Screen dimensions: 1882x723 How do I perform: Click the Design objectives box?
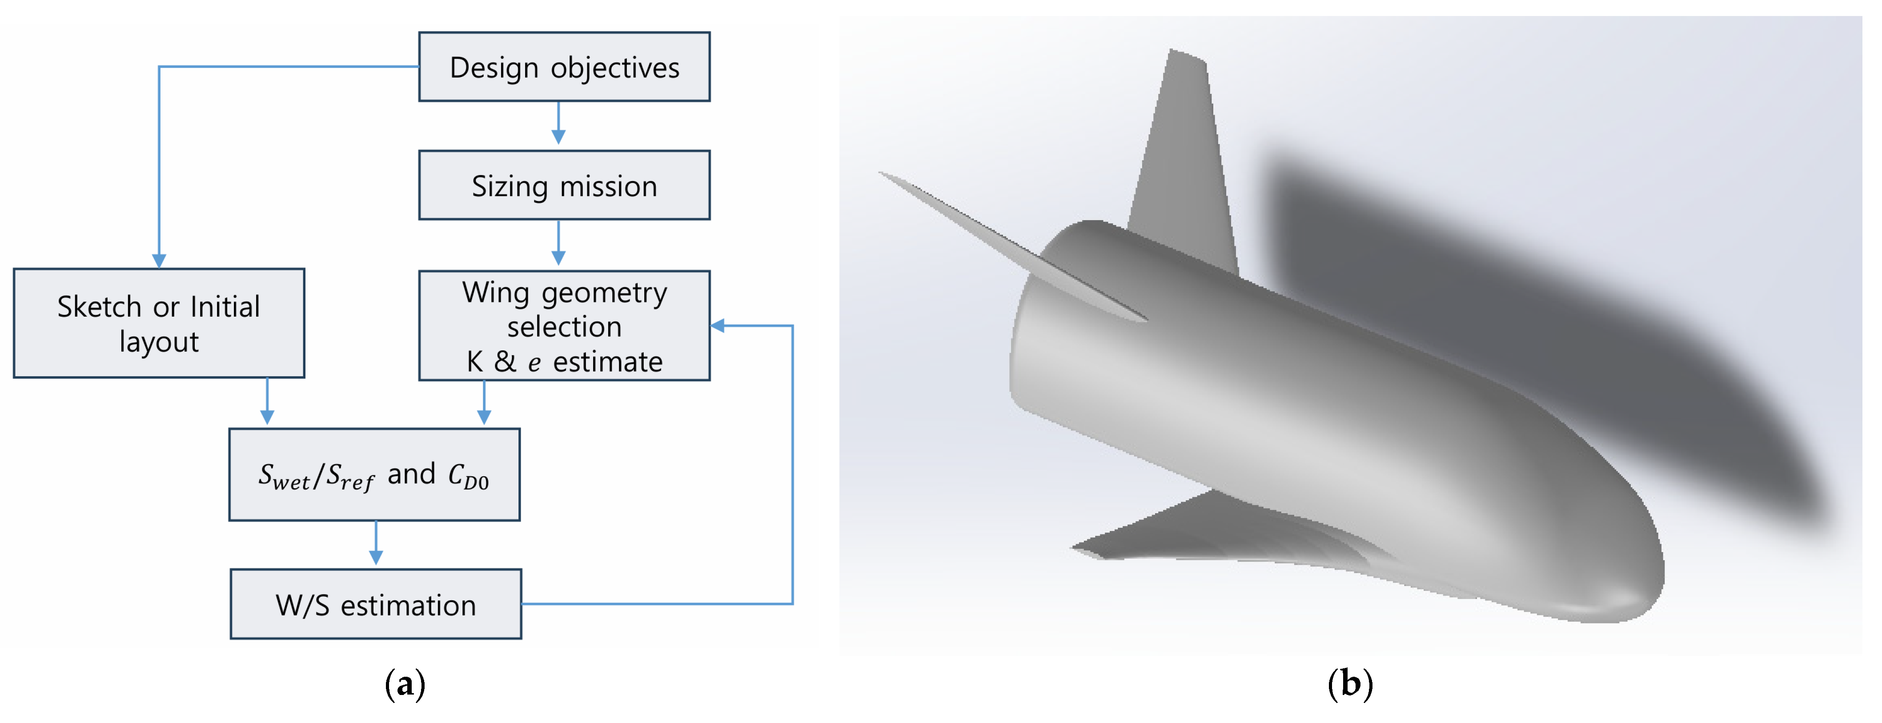pos(564,66)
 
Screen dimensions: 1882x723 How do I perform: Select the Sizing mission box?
pos(564,185)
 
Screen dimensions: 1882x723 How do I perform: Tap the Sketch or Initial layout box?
pos(159,323)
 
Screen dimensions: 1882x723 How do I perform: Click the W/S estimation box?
pos(376,604)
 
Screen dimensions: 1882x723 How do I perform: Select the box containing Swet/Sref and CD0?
pos(374,475)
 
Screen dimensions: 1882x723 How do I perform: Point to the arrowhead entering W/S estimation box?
pos(376,558)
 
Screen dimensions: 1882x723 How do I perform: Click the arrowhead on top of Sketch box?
pos(159,261)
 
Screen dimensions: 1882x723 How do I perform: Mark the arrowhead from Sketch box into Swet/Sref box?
pos(267,417)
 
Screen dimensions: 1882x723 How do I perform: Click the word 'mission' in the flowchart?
pos(609,186)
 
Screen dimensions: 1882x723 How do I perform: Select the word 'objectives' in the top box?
pos(615,68)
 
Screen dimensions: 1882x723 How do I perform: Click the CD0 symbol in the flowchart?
pos(468,477)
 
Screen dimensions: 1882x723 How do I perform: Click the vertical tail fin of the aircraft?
pos(1184,161)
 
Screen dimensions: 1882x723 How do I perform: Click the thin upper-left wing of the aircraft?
pos(1008,241)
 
